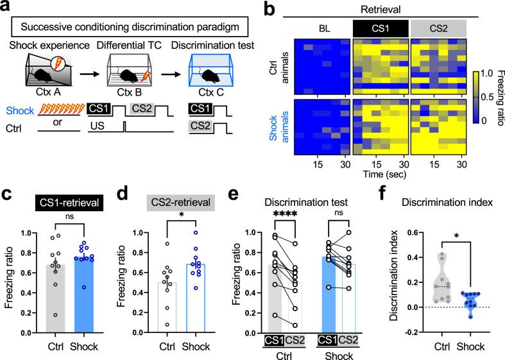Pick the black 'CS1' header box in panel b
(x=379, y=28)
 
